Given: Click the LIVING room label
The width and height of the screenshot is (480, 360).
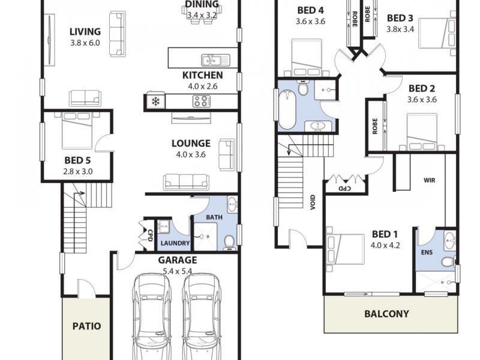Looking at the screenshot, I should tap(85, 32).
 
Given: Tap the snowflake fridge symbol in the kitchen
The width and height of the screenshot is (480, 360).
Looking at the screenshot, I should tap(155, 101).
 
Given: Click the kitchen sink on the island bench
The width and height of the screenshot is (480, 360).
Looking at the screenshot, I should tap(214, 59).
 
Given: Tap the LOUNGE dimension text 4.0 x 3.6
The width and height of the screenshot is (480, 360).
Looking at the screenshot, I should tap(191, 155).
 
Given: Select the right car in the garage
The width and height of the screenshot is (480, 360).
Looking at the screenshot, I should tap(200, 315).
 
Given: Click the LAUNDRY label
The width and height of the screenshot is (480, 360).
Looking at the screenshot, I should tap(174, 244).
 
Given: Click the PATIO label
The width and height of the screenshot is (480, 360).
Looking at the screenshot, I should tap(86, 327).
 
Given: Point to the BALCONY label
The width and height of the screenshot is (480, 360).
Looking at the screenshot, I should tap(387, 314).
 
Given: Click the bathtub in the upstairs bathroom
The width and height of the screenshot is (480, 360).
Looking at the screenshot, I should tap(287, 109).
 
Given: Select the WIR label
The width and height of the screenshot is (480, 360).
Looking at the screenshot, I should tap(429, 179).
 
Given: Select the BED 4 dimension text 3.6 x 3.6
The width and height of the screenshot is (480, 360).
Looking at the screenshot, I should tap(310, 22).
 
